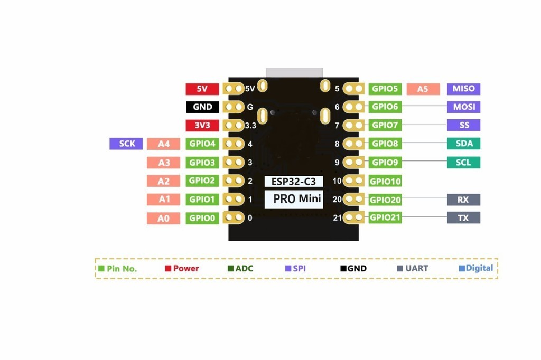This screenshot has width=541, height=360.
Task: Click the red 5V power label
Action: pyautogui.click(x=202, y=89)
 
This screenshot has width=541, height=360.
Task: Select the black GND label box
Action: pyautogui.click(x=202, y=107)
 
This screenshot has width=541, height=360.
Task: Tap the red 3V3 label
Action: pyautogui.click(x=202, y=126)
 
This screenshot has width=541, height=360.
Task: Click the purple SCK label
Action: pyautogui.click(x=126, y=144)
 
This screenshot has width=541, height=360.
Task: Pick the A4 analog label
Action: pyautogui.click(x=164, y=144)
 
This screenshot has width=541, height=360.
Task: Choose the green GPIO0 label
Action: pyautogui.click(x=202, y=218)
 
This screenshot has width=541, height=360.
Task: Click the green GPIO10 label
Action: pyautogui.click(x=385, y=181)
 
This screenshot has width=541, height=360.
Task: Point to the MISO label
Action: pyautogui.click(x=463, y=89)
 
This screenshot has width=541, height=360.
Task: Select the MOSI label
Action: pyautogui.click(x=463, y=107)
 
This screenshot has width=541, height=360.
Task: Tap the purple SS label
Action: pyautogui.click(x=463, y=126)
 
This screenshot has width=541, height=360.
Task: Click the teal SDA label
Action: pyautogui.click(x=463, y=144)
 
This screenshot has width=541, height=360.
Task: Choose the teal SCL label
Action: pyautogui.click(x=463, y=163)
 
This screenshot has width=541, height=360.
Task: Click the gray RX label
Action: pyautogui.click(x=463, y=200)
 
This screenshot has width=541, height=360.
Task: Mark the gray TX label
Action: pyautogui.click(x=463, y=217)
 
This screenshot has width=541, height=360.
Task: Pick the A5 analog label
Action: pyautogui.click(x=422, y=89)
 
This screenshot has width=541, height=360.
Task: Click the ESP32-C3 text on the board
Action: pyautogui.click(x=293, y=181)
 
